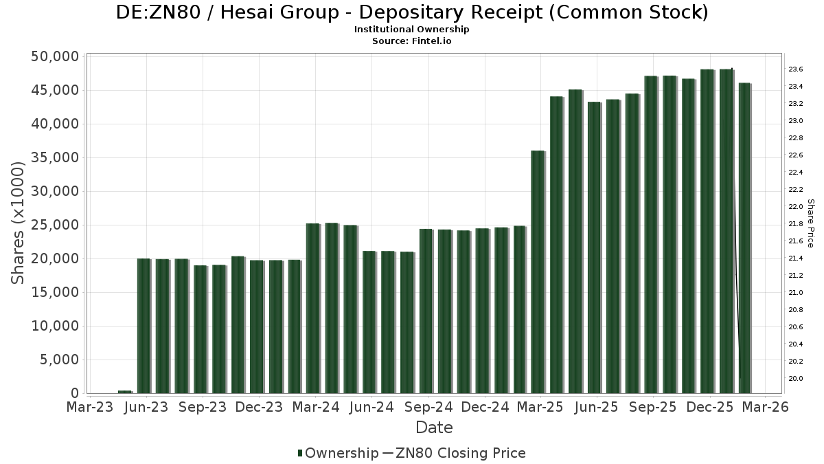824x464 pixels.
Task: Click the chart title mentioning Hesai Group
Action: [412, 12]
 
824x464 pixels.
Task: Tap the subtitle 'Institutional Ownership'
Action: [412, 30]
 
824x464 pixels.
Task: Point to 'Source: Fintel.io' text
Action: [412, 41]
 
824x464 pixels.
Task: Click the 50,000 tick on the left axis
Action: [56, 56]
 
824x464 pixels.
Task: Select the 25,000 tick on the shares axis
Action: [56, 225]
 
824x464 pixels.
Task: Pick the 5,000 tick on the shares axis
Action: [59, 360]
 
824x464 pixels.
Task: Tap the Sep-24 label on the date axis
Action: [428, 407]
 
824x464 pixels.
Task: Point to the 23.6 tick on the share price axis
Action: [796, 69]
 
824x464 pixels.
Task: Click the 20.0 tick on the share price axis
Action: [796, 379]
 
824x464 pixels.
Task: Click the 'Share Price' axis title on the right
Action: [810, 223]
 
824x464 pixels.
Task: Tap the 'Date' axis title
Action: [434, 428]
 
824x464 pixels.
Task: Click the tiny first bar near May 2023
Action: [124, 392]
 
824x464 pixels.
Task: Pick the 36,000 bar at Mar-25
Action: [538, 272]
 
